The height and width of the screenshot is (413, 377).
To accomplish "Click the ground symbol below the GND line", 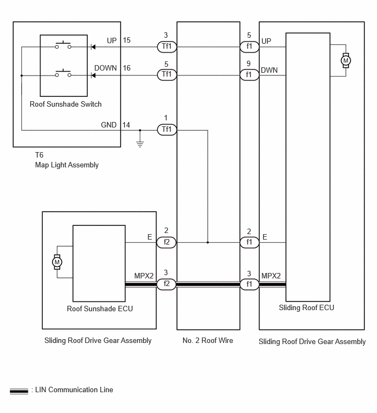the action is pyautogui.click(x=140, y=144).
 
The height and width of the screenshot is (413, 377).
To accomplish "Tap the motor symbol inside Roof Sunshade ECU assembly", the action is pyautogui.click(x=57, y=262).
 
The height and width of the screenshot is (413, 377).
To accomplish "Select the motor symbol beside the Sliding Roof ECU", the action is pyautogui.click(x=346, y=61).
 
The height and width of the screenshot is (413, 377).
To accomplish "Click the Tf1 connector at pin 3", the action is pyautogui.click(x=167, y=47).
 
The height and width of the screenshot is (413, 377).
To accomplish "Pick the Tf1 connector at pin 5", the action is pyautogui.click(x=167, y=75).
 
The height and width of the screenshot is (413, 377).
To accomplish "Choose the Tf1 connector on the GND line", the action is pyautogui.click(x=167, y=130).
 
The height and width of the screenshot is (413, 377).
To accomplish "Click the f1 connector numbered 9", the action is pyautogui.click(x=249, y=75).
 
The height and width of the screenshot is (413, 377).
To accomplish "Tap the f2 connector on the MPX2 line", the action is pyautogui.click(x=167, y=284).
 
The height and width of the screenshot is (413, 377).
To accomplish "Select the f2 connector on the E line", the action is pyautogui.click(x=167, y=242).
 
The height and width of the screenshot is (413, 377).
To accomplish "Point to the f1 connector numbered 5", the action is pyautogui.click(x=249, y=47).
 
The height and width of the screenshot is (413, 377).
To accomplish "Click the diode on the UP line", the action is pyautogui.click(x=93, y=47).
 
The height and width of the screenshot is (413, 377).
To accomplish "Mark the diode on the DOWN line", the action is pyautogui.click(x=93, y=75).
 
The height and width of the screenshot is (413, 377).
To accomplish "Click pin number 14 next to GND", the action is pyautogui.click(x=126, y=125).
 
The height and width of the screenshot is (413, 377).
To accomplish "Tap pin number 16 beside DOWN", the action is pyautogui.click(x=127, y=68).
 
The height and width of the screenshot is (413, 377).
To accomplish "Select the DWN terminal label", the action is pyautogui.click(x=270, y=71).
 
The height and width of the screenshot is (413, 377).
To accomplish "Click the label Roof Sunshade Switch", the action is pyautogui.click(x=65, y=104).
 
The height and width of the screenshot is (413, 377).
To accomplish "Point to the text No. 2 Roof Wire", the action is pyautogui.click(x=208, y=341).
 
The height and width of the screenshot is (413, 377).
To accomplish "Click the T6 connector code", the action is pyautogui.click(x=39, y=155).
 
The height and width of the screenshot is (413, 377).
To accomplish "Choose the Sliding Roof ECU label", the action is pyautogui.click(x=306, y=307).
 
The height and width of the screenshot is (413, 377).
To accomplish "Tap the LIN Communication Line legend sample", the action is pyautogui.click(x=19, y=391).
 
